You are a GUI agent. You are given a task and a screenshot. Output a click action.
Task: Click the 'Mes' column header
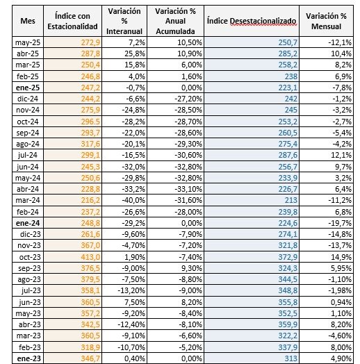tap(28, 21)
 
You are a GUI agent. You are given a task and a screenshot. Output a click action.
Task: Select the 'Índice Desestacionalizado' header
tap(252, 21)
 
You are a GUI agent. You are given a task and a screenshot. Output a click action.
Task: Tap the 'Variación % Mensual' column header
tap(326, 21)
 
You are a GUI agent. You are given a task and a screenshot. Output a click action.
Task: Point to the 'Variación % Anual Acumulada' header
tap(175, 21)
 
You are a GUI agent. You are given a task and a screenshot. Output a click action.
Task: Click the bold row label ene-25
tap(28, 88)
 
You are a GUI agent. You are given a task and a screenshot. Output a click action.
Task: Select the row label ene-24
tap(28, 223)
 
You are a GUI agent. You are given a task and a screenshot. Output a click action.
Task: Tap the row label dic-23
tap(30, 234)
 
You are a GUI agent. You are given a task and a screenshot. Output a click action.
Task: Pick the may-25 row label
tap(28, 42)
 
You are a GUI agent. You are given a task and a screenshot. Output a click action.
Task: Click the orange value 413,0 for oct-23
tap(90, 257)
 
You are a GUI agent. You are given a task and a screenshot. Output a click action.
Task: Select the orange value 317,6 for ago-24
tap(90, 144)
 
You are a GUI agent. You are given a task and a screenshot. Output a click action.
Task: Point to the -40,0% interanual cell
tap(133, 200)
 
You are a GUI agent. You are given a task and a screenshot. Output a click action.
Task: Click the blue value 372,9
tap(288, 257)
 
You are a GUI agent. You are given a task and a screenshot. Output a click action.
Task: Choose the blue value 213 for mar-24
tap(291, 200)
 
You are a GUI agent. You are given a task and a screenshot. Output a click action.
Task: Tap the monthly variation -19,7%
tap(340, 223)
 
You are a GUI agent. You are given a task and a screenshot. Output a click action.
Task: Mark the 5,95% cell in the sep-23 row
tap(341, 268)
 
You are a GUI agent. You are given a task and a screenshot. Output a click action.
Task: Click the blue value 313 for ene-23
tap(291, 358)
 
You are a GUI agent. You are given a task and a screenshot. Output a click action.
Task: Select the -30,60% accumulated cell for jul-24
tap(188, 155)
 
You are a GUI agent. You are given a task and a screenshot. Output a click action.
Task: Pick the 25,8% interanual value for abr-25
tap(135, 53)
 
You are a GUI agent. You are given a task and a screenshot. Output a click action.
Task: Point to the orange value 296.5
tap(90, 122)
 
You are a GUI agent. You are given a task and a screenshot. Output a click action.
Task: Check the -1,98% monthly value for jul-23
tap(340, 290)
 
